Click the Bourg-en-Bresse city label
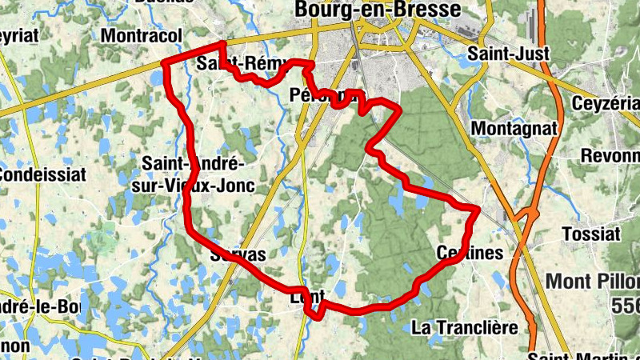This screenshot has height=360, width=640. click(x=378, y=9)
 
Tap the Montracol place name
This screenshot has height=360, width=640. click(x=142, y=35)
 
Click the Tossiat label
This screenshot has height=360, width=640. click(x=591, y=234)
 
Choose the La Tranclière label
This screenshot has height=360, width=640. click(x=463, y=327)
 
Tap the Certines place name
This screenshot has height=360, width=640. click(x=470, y=253)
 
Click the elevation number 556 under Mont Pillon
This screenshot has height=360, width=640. click(x=624, y=305)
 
